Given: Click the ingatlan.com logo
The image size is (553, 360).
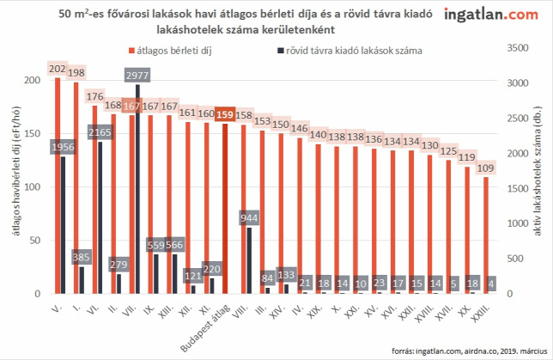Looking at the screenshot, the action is pyautogui.click(x=491, y=15).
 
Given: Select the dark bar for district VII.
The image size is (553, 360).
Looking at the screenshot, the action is pyautogui.click(x=137, y=189).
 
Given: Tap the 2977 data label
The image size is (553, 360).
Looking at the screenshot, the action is pyautogui.click(x=137, y=75).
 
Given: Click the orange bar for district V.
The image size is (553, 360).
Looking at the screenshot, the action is pyautogui.click(x=58, y=186).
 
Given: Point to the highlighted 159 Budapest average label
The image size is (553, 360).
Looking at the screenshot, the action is pyautogui.click(x=225, y=114).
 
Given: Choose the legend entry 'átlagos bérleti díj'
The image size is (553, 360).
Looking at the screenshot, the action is pyautogui.click(x=170, y=51).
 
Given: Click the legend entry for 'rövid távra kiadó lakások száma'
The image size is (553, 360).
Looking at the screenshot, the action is pyautogui.click(x=349, y=51).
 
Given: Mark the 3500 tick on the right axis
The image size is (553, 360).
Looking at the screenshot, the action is pyautogui.click(x=518, y=47).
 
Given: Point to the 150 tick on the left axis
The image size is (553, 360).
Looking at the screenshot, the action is pyautogui.click(x=32, y=133).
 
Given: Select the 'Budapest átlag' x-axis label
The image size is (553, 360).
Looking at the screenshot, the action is pyautogui.click(x=205, y=328).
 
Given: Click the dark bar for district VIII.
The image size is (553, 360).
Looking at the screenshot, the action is pyautogui.click(x=249, y=260).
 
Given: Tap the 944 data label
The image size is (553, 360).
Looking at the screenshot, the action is pyautogui.click(x=249, y=217).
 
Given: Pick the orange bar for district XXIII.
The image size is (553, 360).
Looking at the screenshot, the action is pyautogui.click(x=486, y=235).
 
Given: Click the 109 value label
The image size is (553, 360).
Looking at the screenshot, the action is pyautogui.click(x=486, y=168).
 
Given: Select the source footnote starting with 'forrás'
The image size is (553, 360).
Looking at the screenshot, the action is pyautogui.click(x=469, y=351).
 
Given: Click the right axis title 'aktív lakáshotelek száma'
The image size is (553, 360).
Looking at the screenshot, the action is pyautogui.click(x=538, y=171).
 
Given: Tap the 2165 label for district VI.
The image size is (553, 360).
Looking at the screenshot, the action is pyautogui.click(x=100, y=132).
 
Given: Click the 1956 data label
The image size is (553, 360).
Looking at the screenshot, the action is pyautogui.click(x=63, y=147).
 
